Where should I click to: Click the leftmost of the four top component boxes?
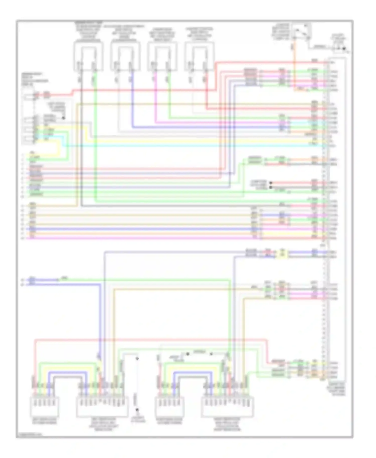pos(88,56)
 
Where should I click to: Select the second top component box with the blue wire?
pos(125,56)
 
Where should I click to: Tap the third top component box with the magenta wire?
pos(162,56)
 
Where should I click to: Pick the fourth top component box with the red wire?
pos(199,56)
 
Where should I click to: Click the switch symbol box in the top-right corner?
pos(302,31)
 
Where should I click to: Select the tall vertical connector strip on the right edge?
pos(326,220)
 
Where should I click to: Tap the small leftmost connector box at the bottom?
pos(45,406)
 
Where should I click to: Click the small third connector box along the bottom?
pos(170,406)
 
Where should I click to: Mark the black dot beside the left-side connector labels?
pos(64,118)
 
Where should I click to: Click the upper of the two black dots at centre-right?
pos(270,183)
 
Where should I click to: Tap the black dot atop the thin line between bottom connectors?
pos(137,359)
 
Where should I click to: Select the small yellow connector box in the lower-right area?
pos(282,254)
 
